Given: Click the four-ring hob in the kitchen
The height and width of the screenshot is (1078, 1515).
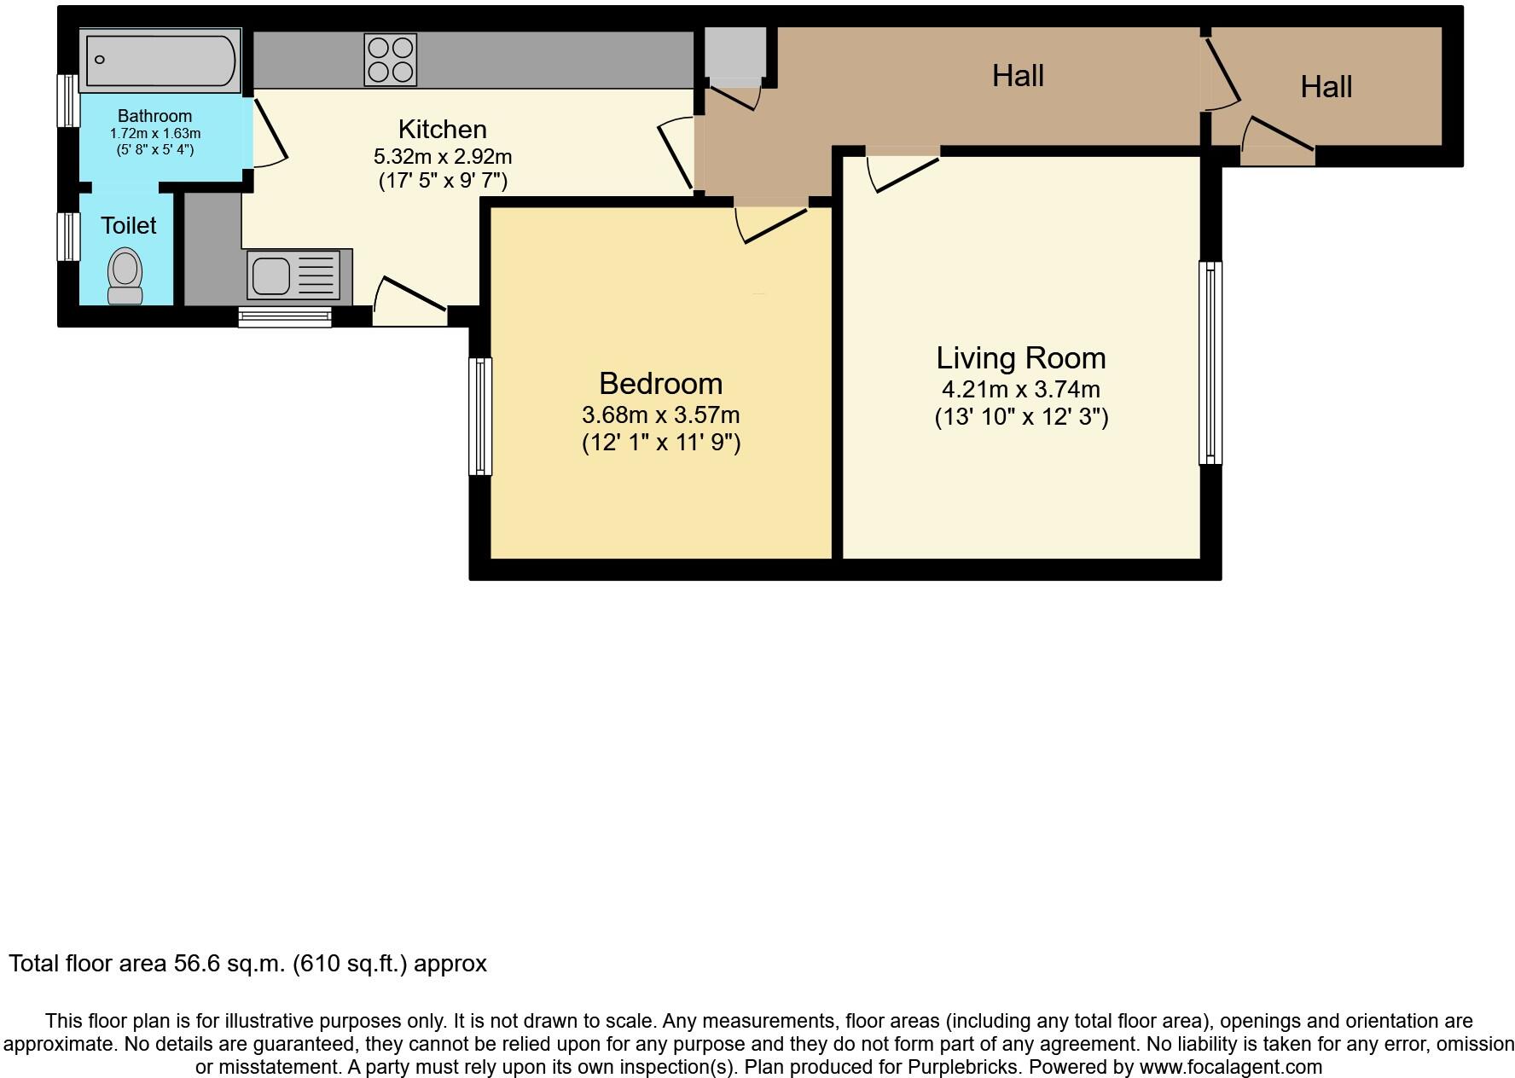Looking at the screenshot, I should pos(390,59).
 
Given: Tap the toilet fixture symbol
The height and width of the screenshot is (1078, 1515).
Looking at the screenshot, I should pos(125,275).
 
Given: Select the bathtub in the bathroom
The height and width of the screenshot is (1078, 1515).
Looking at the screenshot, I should pos(160,59).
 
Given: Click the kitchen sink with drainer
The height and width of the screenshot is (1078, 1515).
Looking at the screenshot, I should pos(299,275).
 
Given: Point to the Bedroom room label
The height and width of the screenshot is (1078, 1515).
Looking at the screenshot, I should pos(660,384).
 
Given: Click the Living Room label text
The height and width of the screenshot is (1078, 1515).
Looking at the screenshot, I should pos(1020,358).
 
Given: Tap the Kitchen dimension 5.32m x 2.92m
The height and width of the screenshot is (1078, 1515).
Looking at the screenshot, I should pos(442,157).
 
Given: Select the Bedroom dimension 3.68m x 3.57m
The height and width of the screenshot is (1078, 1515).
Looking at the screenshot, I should pos(660,415).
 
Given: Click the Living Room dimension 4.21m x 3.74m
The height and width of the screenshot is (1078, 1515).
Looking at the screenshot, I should pos(1020,390).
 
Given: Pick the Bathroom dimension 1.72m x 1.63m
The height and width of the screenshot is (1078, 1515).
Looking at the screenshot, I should pos(154,134).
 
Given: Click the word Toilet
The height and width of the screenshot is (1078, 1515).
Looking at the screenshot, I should pos(128,226).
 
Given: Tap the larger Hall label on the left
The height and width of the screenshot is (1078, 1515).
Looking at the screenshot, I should pos(1017,77).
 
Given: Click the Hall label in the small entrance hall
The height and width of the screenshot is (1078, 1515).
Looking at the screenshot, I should pos(1326,87).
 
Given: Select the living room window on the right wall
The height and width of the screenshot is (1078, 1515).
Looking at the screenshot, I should pos(1210,362).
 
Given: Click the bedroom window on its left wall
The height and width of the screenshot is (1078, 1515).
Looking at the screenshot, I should pos(481,416).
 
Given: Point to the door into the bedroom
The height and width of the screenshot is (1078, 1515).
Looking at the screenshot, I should pos(772,223).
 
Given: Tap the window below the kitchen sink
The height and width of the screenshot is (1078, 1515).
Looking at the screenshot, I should pos(284,317).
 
